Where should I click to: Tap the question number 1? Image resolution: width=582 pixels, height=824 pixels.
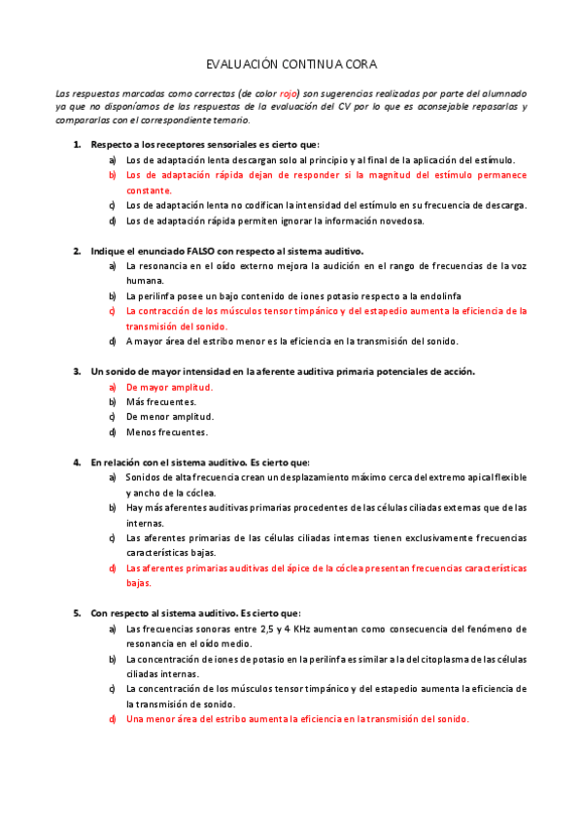77,145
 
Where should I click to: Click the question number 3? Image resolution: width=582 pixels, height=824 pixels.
77,371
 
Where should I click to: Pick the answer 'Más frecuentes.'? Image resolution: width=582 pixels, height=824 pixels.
161,401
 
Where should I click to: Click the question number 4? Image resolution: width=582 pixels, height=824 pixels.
77,463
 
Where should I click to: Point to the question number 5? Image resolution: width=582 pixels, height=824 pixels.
77,613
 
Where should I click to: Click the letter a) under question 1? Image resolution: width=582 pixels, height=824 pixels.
113,160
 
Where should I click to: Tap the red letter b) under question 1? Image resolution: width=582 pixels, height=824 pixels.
113,175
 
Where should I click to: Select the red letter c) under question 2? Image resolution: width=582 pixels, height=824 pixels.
113,311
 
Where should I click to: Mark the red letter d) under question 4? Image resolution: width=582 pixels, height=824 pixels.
113,567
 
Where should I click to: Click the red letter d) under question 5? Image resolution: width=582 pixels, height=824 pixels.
113,719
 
